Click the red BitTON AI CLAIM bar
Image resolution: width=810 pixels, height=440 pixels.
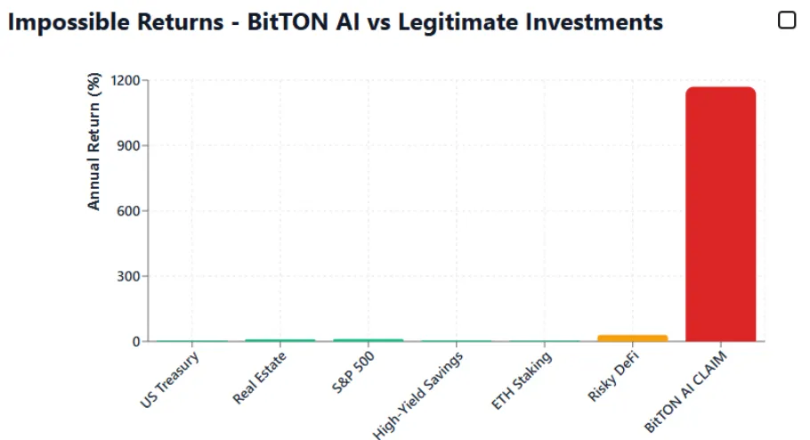point(720,214)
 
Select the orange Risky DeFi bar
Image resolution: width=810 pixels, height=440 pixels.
point(632,338)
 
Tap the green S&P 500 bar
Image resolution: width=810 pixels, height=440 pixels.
point(368,340)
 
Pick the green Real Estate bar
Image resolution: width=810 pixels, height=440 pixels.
point(279,340)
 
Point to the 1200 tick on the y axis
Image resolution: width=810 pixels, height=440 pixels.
point(126,81)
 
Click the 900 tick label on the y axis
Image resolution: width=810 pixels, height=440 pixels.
point(129,146)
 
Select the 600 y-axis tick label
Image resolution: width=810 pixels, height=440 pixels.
point(129,211)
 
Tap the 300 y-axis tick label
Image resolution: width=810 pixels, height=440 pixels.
point(129,276)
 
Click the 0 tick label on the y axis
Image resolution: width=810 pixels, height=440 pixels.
point(135,342)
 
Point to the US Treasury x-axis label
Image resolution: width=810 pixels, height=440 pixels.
point(169,380)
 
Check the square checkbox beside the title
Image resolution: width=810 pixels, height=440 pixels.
point(787,20)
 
